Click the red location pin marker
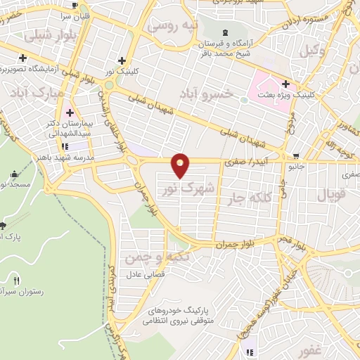[x=181, y=165]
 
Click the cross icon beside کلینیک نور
[x=122, y=60]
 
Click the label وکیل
[x=312, y=50]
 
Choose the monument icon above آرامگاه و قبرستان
[x=225, y=33]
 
